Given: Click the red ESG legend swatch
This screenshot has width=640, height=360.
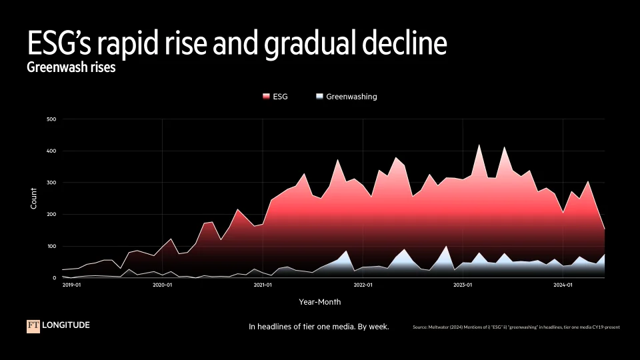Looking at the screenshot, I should (267, 97).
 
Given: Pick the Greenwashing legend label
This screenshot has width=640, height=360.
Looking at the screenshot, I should (351, 97).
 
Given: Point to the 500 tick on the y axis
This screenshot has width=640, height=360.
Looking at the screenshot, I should (51, 119).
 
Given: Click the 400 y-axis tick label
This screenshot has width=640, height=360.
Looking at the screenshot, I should (51, 151).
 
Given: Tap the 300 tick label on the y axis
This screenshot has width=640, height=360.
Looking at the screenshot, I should (51, 183).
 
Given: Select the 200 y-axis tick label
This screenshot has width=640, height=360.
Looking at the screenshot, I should (51, 215).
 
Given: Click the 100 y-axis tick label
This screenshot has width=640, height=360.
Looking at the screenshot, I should (51, 246).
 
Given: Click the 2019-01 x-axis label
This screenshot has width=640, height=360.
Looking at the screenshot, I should (71, 285).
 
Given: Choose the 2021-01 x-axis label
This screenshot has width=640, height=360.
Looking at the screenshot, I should (263, 285).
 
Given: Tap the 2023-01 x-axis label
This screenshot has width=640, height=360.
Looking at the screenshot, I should (463, 285).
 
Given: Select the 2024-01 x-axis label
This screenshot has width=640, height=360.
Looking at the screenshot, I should (563, 285).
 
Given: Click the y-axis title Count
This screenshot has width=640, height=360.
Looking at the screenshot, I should (34, 199).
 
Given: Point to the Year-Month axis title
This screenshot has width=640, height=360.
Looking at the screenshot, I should (320, 302).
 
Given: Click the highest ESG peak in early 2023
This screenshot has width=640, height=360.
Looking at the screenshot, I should (479, 145).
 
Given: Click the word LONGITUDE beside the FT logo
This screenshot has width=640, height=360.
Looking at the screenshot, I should (66, 325).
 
